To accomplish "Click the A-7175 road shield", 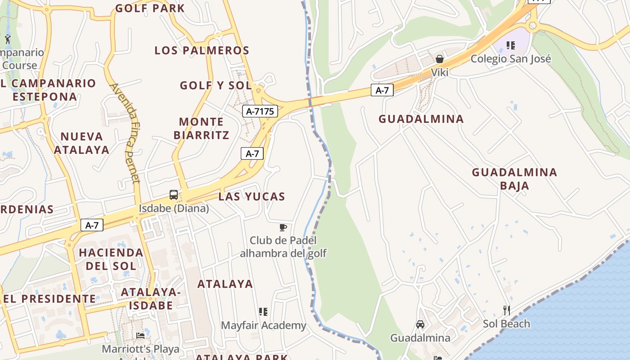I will (260, 111).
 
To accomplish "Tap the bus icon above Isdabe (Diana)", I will (174, 195).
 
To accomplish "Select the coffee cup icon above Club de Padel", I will (283, 227).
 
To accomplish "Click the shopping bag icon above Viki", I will (440, 59).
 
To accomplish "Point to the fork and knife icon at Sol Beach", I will (506, 310).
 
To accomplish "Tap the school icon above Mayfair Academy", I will (263, 311).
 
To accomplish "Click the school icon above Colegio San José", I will (511, 45).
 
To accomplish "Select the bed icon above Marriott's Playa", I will (140, 336).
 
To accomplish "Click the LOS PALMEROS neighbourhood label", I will (202, 50).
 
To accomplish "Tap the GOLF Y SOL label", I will (216, 85).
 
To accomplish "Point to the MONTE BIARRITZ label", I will (201, 128).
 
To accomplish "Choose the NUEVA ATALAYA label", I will (81, 143).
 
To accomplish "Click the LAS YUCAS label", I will (252, 197).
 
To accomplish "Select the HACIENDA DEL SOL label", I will (111, 259).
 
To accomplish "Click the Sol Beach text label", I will (506, 324).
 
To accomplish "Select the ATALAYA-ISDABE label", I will (151, 299).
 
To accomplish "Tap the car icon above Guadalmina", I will (420, 324).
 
